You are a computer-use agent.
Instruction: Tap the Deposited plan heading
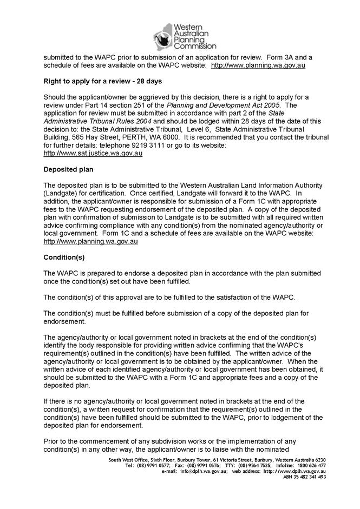pos(69,169)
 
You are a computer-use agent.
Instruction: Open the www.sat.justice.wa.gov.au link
pos(93,154)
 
